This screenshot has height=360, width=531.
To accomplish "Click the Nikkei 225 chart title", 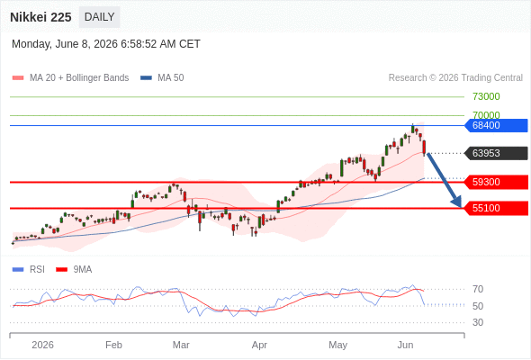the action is click(40, 17).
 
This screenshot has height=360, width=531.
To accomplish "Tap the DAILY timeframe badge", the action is click(99, 17).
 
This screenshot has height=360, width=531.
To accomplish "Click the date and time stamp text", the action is click(106, 44).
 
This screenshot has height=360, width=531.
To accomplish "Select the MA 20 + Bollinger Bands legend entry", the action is click(70, 78).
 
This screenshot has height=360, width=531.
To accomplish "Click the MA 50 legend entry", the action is click(162, 78).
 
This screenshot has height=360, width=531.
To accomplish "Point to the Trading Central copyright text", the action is click(455, 78).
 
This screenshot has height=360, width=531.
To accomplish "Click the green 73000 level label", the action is click(486, 96).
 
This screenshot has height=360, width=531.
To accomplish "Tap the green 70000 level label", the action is click(486, 115).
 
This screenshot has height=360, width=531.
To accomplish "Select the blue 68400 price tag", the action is click(496, 125).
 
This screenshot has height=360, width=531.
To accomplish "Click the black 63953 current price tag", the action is click(496, 153).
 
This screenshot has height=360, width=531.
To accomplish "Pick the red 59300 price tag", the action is click(496, 182).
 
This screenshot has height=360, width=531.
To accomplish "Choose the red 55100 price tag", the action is click(496, 208).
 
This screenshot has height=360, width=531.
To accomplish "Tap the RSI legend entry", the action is click(28, 270).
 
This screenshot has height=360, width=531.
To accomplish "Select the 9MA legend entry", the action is click(74, 270).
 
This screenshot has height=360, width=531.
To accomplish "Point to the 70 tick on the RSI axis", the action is click(478, 289).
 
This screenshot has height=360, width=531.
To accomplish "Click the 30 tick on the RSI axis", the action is click(478, 322).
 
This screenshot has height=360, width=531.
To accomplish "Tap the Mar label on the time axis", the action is click(181, 345).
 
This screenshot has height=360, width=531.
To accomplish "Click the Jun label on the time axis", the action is click(405, 345).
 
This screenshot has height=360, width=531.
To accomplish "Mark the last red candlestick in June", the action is click(424, 148).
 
